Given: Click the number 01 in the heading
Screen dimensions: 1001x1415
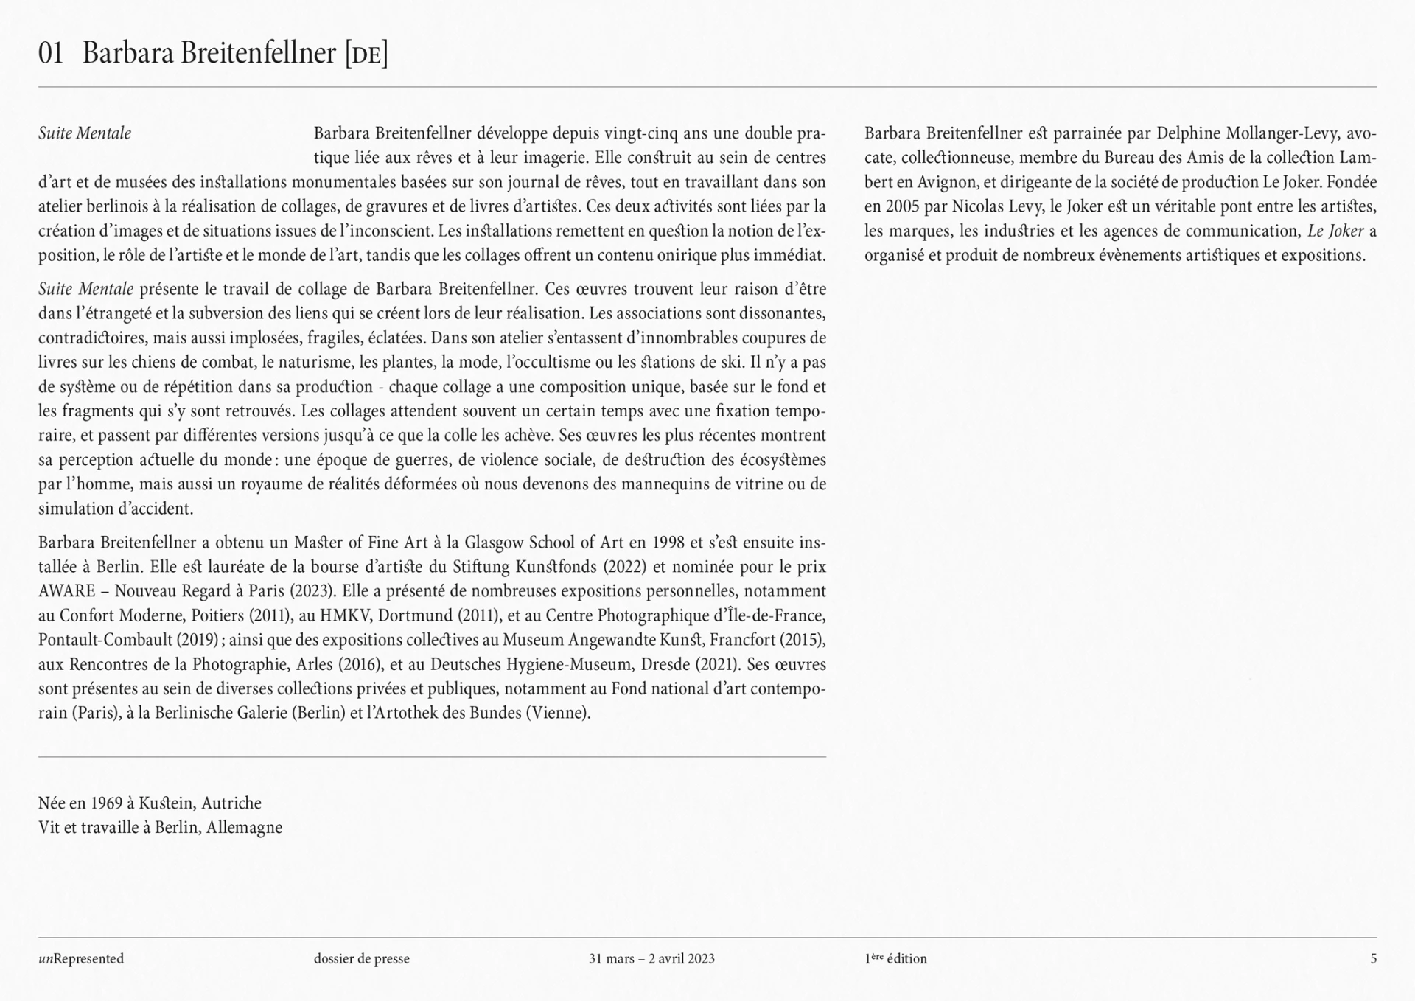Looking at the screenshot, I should [50, 54].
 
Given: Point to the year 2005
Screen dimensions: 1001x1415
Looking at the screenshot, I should [901, 206].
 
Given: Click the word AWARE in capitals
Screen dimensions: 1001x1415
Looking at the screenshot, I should [66, 591].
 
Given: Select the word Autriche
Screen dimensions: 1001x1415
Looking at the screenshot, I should [231, 803].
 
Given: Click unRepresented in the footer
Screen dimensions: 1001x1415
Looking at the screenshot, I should [81, 959].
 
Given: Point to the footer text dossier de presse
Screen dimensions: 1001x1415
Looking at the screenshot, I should [361, 959].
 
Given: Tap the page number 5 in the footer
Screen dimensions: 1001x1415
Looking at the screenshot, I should [1373, 959].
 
